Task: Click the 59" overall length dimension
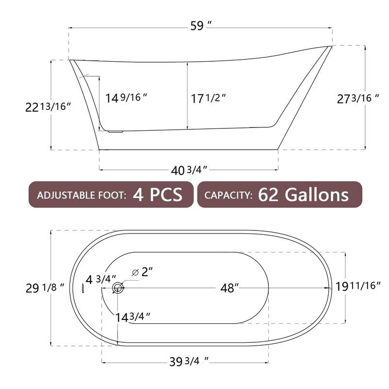(x=200, y=27)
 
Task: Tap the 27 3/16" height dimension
(x=358, y=98)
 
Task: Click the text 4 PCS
(x=158, y=195)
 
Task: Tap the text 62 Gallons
(x=303, y=195)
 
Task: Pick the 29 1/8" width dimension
(x=45, y=288)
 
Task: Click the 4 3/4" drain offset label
(x=101, y=279)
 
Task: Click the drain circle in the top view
(x=117, y=288)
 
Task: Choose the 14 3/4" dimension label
(x=132, y=317)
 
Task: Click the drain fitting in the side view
(x=115, y=130)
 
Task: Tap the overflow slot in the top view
(x=84, y=288)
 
